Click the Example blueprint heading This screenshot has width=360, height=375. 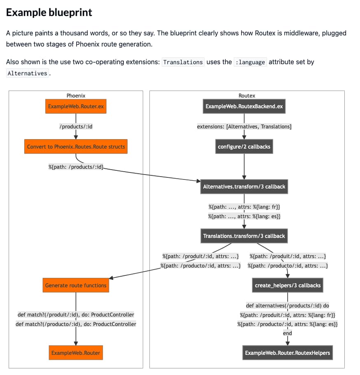(x=49, y=12)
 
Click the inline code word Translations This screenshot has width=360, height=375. (x=183, y=62)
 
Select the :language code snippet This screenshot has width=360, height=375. (x=250, y=62)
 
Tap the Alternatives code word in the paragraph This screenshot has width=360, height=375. (x=27, y=73)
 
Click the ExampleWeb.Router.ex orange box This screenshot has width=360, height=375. (x=76, y=107)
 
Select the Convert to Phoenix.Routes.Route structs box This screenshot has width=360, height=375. (x=76, y=147)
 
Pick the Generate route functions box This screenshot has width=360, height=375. (x=76, y=285)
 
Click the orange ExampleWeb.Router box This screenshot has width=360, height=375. (x=76, y=353)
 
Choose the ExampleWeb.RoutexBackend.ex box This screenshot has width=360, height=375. (x=244, y=107)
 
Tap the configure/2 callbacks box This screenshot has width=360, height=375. (x=244, y=147)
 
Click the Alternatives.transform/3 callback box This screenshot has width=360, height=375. (x=244, y=186)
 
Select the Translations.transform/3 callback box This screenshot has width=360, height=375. (x=244, y=236)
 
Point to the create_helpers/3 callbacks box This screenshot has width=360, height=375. (x=288, y=285)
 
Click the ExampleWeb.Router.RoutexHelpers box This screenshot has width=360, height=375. (x=288, y=353)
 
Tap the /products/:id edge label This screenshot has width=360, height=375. (x=76, y=126)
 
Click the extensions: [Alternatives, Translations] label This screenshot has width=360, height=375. (x=244, y=126)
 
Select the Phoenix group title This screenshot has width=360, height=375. (x=76, y=95)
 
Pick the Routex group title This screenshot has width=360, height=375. (x=247, y=95)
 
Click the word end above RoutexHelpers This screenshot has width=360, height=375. (x=288, y=333)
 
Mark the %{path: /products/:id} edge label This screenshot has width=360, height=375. (x=76, y=167)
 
